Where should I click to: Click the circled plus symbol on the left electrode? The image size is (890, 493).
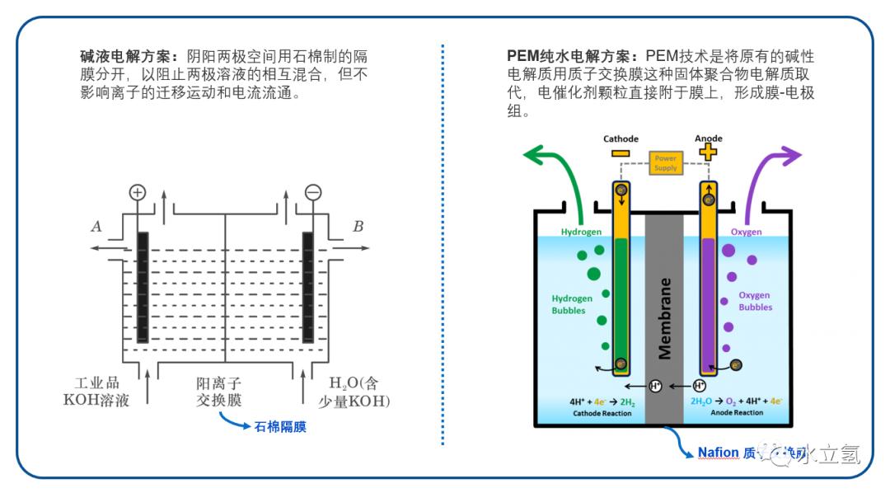(138, 192)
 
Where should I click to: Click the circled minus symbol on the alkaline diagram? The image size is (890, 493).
(312, 192)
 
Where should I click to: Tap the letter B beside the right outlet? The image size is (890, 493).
(358, 226)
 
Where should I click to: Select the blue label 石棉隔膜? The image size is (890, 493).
(280, 427)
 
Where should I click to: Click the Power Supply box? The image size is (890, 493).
(665, 162)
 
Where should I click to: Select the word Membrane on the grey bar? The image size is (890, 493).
(664, 317)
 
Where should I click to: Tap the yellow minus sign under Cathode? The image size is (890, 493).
(621, 153)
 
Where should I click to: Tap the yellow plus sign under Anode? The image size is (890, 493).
(707, 152)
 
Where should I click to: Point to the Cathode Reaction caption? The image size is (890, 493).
(602, 413)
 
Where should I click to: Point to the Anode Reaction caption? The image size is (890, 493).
(737, 413)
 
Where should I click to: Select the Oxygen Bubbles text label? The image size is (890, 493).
(755, 301)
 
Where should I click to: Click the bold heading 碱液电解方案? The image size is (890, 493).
(128, 56)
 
